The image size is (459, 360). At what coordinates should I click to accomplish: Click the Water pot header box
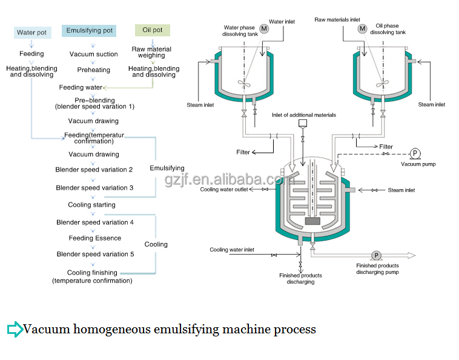[x=31, y=32]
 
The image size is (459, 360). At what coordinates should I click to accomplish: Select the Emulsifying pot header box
[x=88, y=30]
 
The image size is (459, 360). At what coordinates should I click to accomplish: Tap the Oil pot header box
[x=152, y=30]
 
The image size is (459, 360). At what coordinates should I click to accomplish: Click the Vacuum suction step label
[x=94, y=55]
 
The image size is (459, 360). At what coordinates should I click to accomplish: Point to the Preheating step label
[x=94, y=70]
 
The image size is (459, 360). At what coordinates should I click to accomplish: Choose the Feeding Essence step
[x=94, y=238]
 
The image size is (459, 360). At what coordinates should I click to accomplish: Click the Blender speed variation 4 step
[x=95, y=222]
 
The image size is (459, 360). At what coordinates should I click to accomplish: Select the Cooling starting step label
[x=91, y=205]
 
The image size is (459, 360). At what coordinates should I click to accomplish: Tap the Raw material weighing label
[x=151, y=52]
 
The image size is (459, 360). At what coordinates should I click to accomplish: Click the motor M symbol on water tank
[x=263, y=28]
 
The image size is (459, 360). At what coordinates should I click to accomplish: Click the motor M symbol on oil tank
[x=362, y=28]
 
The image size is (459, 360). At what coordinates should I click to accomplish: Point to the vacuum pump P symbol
[x=415, y=153]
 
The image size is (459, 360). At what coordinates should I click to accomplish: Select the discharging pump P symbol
[x=376, y=256]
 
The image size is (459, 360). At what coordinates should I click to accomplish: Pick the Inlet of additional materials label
[x=304, y=115]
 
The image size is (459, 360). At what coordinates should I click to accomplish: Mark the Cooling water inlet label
[x=232, y=250]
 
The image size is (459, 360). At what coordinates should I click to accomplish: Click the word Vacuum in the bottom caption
[x=50, y=330]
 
